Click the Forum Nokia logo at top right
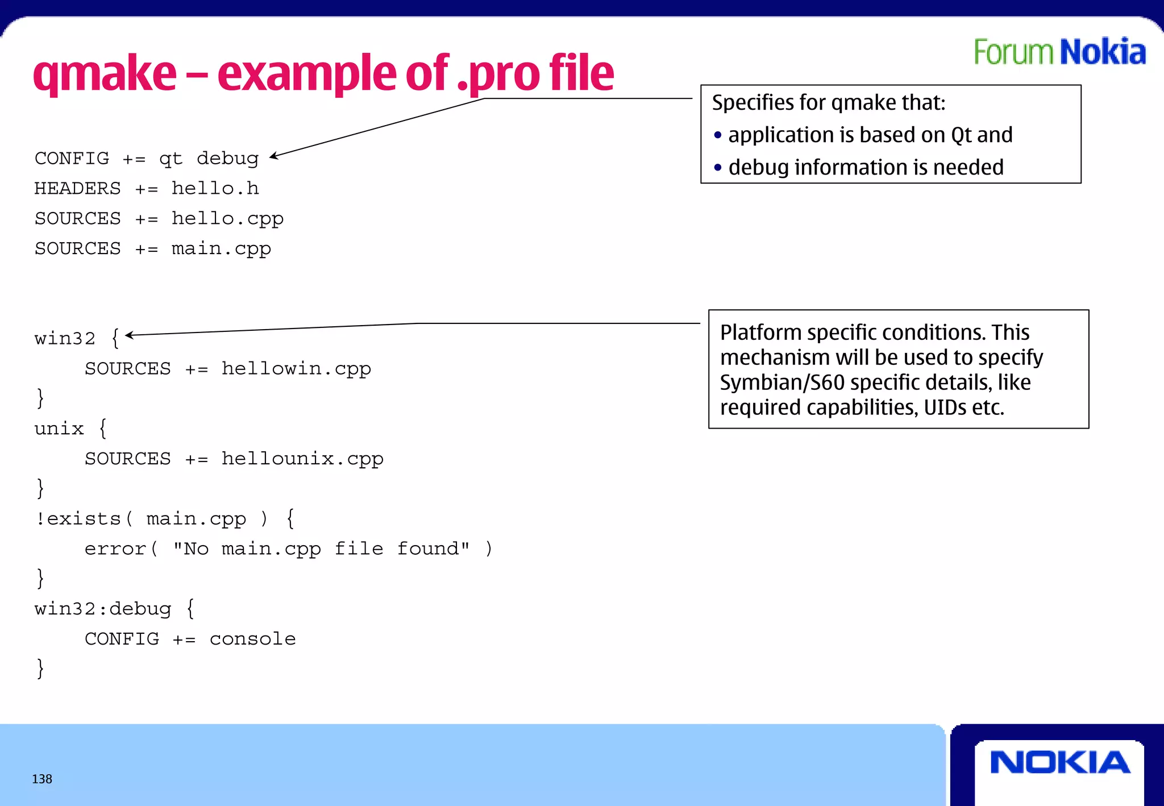coord(1059,52)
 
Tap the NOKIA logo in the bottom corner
coord(1060,762)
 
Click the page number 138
coord(42,779)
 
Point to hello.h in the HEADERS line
coord(215,188)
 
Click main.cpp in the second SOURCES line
coord(221,248)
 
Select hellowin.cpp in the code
coord(296,368)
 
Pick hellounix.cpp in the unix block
coord(302,458)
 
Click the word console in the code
coord(252,638)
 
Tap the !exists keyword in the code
coord(78,518)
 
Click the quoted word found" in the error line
coord(433,549)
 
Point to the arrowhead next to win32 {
coord(129,335)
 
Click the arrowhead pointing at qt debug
coord(274,156)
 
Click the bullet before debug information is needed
coord(718,168)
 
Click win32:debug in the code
coord(103,609)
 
